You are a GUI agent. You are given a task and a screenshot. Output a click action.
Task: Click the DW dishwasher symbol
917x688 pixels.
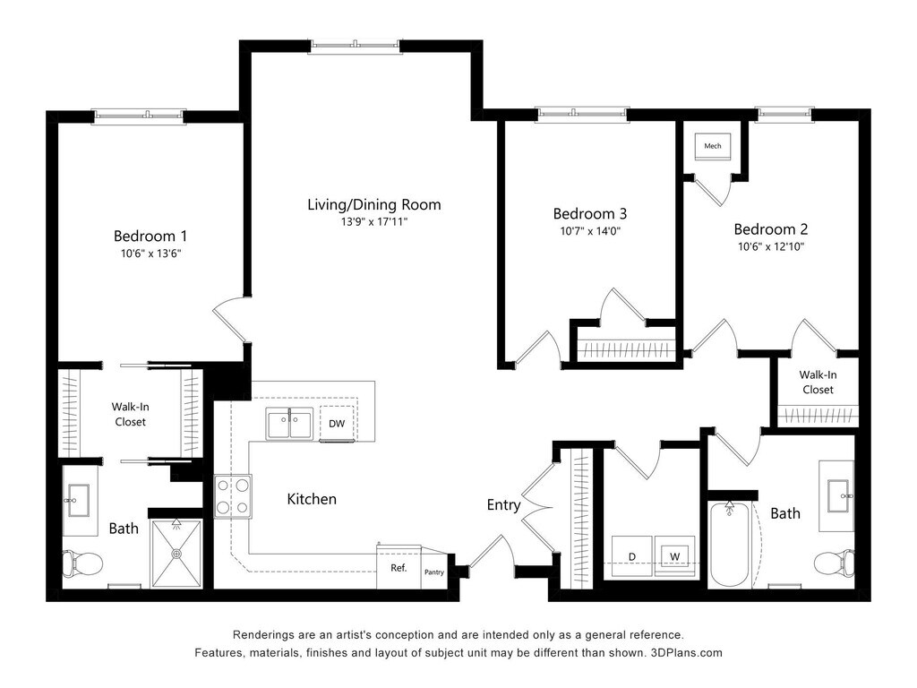point(337,423)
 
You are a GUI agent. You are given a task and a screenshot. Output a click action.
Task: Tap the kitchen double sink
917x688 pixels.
point(289,423)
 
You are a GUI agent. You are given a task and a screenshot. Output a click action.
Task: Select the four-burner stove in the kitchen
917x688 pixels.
point(233,496)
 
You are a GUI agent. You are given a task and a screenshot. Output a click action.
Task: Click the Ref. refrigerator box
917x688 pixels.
point(399,567)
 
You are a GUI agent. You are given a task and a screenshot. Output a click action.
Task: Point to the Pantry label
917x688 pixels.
point(434,572)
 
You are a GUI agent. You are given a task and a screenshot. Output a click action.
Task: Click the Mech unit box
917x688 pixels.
point(712,146)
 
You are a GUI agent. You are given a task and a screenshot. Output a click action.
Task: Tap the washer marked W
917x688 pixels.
point(675,556)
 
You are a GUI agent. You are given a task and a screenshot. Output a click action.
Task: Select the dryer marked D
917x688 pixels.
point(631,556)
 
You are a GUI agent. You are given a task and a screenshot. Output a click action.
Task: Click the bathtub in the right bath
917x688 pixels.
point(729,544)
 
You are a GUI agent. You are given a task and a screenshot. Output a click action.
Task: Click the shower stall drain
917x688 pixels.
point(176,553)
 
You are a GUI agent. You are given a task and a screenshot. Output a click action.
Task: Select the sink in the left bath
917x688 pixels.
point(78,500)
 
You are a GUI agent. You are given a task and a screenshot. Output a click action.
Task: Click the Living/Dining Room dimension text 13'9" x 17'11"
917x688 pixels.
point(374,222)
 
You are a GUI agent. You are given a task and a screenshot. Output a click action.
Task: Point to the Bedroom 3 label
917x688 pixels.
point(590,213)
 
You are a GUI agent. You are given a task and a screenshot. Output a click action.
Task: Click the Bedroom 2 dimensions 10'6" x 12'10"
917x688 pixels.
point(771,246)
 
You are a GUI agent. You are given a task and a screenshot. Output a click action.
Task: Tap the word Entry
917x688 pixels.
point(503,505)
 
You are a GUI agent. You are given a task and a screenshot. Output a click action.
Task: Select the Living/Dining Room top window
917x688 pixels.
point(355,47)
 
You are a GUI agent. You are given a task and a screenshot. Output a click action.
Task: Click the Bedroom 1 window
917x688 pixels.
point(139,116)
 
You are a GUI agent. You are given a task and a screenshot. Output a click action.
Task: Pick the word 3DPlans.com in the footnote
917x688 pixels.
point(687,653)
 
